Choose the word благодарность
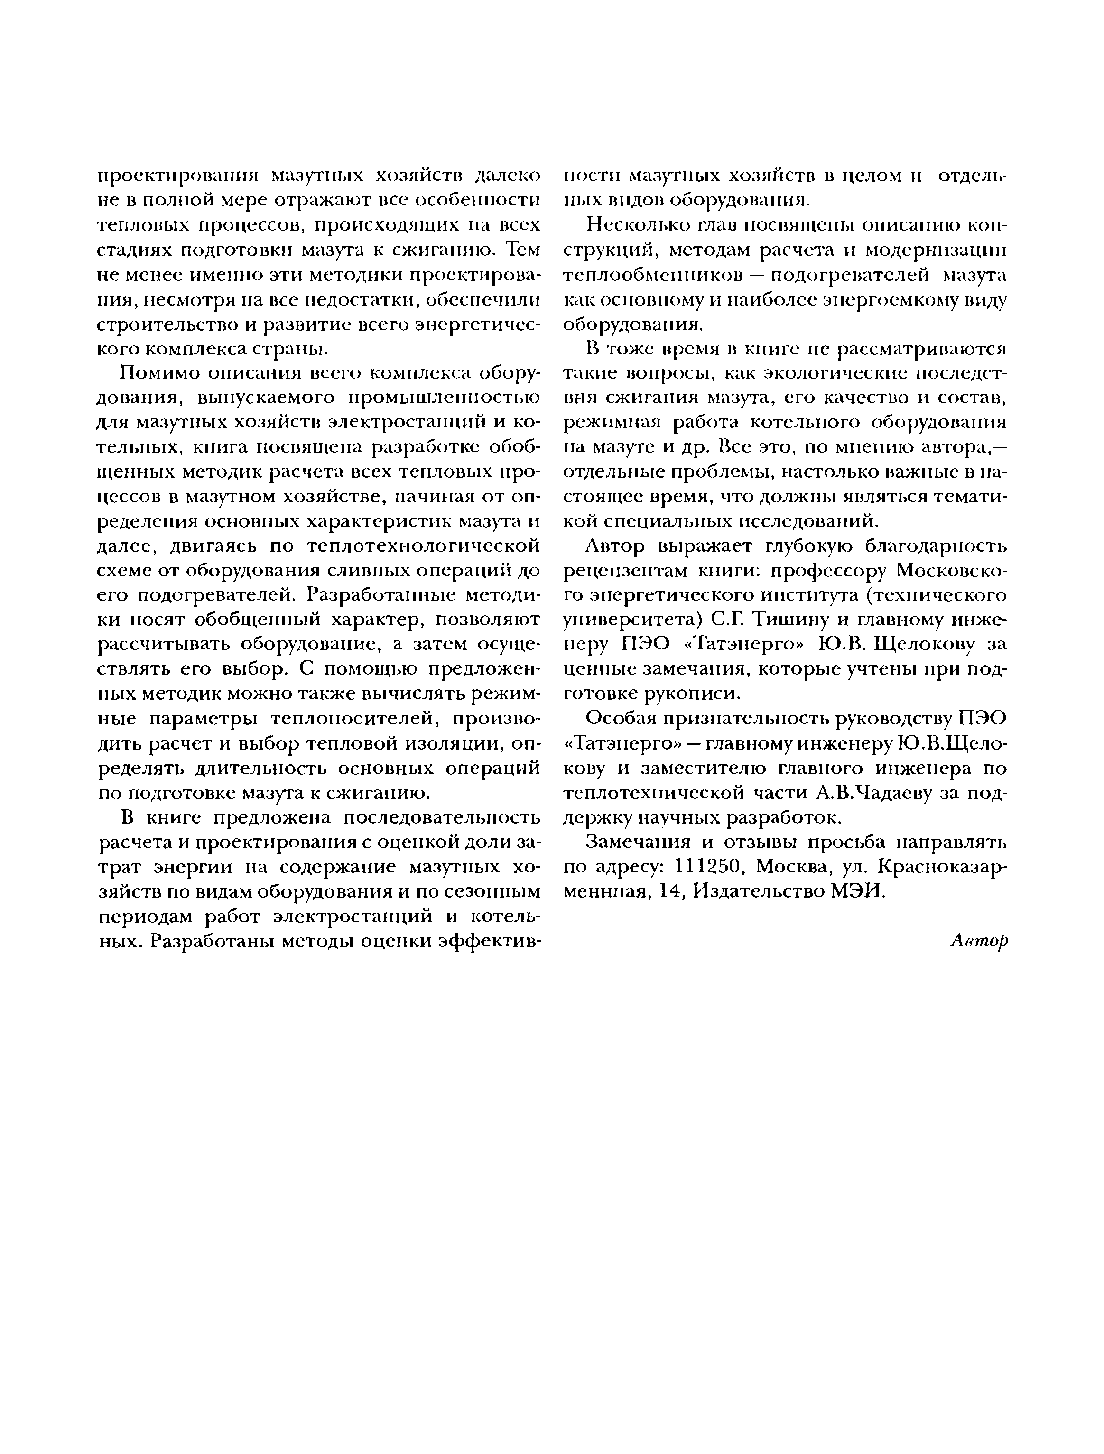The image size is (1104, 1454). (x=934, y=546)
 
